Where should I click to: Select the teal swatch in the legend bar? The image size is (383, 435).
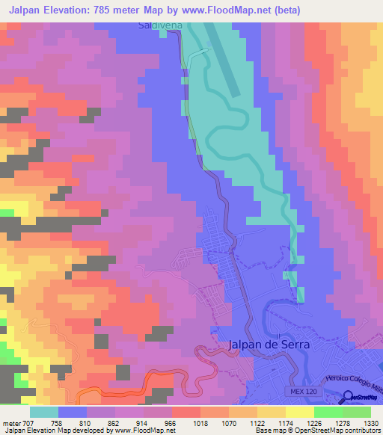(44, 411)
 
